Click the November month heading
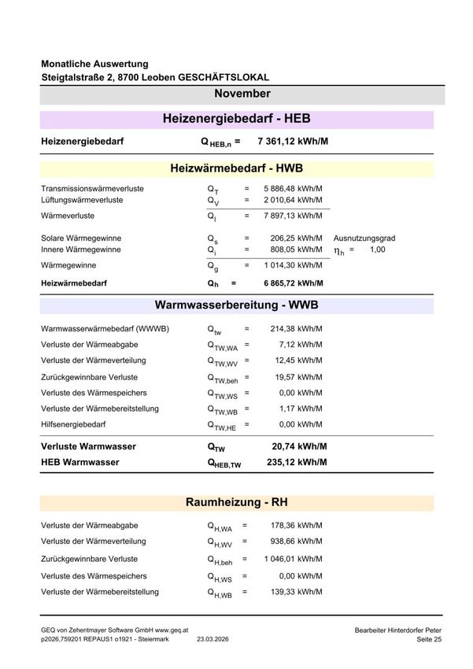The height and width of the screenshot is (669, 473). click(x=242, y=94)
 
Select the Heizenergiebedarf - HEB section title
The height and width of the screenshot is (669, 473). click(x=236, y=119)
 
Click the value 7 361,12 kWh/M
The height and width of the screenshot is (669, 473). click(x=292, y=142)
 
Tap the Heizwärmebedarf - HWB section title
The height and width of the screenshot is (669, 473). click(x=236, y=168)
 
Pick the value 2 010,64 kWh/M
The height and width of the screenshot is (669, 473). click(x=293, y=200)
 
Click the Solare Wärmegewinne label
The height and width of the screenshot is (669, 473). click(x=81, y=238)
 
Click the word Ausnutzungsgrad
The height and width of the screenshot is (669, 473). click(x=364, y=238)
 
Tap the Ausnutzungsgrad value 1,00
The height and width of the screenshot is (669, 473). click(x=377, y=249)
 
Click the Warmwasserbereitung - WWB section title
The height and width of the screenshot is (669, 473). click(x=236, y=305)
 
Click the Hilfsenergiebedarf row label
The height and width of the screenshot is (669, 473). click(x=73, y=424)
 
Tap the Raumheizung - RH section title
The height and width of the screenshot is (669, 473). click(x=236, y=502)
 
